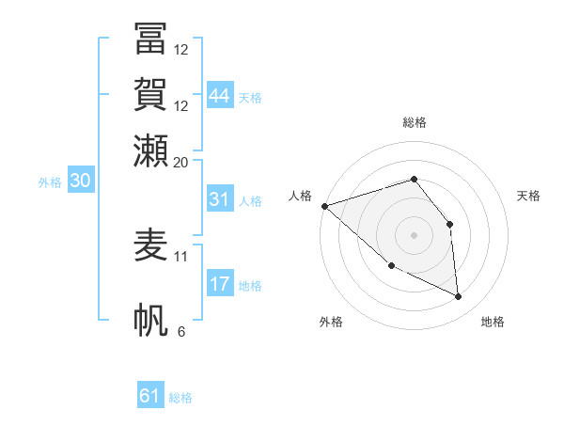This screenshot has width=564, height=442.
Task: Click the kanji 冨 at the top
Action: pos(150,41)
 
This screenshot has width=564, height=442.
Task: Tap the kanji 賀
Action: pos(150,96)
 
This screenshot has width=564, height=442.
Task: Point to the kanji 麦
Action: pos(150,245)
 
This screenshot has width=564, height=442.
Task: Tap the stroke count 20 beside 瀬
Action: pos(181,162)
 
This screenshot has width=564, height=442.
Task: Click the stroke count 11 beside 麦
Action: pos(181,255)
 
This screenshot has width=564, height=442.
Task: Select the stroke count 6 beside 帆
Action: pos(181,331)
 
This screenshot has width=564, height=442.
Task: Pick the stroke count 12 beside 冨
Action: pos(181,50)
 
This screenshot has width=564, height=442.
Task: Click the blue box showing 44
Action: pos(220,96)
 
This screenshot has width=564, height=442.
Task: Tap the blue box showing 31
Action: pos(220,199)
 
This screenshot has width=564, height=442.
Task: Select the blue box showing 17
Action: pos(220,284)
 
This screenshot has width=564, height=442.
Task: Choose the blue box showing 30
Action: pos(80,181)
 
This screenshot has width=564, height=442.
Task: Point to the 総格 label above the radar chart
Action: pos(414,122)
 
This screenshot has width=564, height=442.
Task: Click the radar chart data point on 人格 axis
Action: pos(324,205)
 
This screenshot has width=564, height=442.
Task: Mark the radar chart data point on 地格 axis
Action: pos(459,297)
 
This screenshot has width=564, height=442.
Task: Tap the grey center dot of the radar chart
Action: pos(414,235)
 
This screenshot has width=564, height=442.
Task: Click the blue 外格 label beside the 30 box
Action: pos(49,182)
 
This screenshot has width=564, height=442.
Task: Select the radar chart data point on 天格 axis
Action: pos(449,224)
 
